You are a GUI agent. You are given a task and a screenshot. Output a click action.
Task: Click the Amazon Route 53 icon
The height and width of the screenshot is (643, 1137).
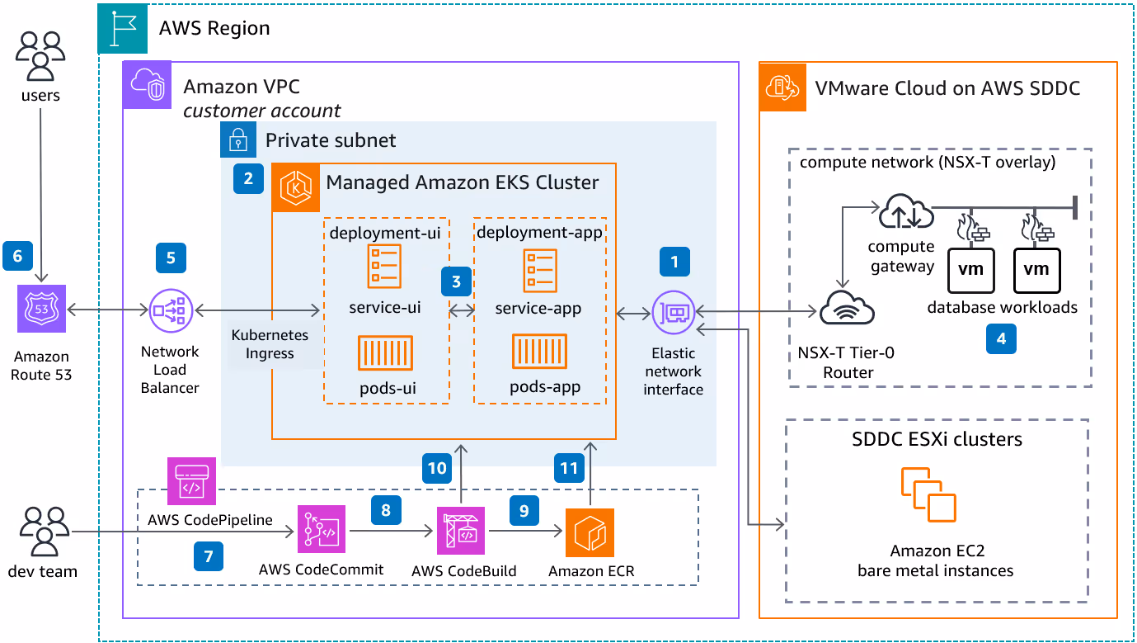(x=41, y=309)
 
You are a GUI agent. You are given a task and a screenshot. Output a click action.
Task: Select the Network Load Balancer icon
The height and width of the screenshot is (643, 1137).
(x=171, y=310)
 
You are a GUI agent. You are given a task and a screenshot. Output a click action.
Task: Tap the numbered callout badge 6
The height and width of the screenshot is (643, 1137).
(x=18, y=256)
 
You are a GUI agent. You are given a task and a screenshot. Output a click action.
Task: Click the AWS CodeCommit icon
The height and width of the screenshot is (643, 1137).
(x=322, y=529)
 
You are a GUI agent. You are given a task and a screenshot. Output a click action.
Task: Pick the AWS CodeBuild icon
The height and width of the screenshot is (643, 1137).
(x=461, y=531)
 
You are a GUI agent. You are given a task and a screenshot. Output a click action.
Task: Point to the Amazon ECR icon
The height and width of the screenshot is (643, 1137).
(x=590, y=532)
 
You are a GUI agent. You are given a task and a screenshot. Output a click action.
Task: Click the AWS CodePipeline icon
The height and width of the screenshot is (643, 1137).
(x=191, y=481)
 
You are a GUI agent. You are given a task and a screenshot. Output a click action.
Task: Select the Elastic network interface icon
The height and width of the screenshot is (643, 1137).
(x=674, y=312)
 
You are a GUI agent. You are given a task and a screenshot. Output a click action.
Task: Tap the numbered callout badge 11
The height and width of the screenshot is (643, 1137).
(x=569, y=468)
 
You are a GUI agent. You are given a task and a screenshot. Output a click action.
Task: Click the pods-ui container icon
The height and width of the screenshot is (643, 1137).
(x=385, y=352)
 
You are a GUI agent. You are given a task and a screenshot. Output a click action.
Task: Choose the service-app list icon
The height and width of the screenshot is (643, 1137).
(x=540, y=271)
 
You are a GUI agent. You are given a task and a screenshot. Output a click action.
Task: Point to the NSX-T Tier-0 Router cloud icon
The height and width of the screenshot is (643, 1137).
(x=847, y=308)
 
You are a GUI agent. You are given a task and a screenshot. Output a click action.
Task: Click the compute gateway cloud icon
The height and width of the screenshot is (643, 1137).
(x=906, y=211)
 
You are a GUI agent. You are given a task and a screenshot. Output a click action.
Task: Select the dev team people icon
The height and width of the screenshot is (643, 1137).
(x=45, y=532)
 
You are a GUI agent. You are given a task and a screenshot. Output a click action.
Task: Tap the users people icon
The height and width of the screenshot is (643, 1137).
(x=40, y=56)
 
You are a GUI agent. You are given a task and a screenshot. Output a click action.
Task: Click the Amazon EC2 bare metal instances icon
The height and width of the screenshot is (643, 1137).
(x=928, y=494)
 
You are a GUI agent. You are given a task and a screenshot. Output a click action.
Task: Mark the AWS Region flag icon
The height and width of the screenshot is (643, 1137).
(x=122, y=28)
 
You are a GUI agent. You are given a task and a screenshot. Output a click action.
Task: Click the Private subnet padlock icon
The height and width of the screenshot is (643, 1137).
(x=238, y=139)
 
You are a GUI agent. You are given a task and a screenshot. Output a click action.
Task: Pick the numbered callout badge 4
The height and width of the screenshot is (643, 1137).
(x=1001, y=338)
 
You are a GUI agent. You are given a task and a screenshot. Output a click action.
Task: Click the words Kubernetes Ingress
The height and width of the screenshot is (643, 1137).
(x=270, y=344)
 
